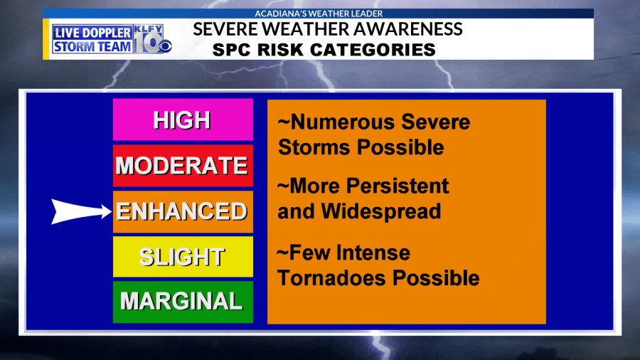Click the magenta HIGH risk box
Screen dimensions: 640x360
tap(183, 120)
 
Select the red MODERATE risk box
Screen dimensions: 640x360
tap(183, 165)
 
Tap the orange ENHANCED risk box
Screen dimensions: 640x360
tap(183, 211)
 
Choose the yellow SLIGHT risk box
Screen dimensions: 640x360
tap(183, 257)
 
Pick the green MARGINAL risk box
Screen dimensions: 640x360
tap(183, 302)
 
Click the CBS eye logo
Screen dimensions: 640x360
tap(165, 46)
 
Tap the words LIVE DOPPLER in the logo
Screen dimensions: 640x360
tap(92, 33)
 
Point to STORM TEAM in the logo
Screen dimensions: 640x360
tap(92, 46)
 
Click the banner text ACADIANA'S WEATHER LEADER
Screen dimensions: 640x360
tap(319, 14)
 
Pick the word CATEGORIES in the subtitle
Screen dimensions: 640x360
tap(373, 50)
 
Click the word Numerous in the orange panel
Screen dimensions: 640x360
tap(343, 122)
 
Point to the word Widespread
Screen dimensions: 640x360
tap(381, 211)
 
